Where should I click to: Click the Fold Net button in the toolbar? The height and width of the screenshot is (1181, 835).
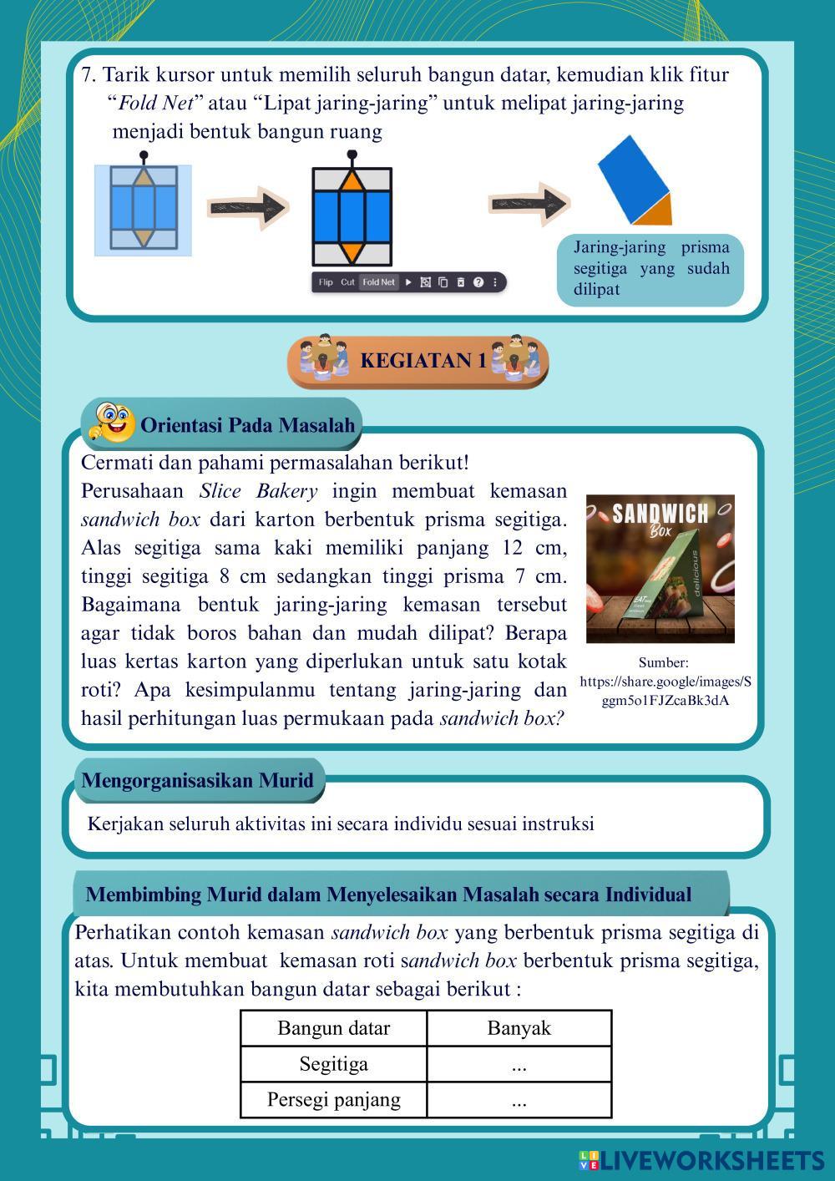click(378, 282)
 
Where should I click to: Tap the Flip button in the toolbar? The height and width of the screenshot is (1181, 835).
click(326, 282)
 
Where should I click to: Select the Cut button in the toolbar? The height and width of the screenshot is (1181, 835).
click(347, 282)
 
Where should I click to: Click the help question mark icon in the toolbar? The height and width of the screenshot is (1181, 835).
click(478, 282)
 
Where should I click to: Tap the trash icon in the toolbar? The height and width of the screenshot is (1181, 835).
click(460, 282)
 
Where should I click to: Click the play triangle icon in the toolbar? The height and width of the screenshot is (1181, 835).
click(408, 282)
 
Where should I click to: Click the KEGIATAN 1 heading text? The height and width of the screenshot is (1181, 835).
click(423, 361)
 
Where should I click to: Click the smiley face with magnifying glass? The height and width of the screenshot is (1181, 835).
click(113, 423)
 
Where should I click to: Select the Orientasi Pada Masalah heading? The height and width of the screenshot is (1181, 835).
click(247, 425)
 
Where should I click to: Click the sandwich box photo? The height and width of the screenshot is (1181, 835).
click(660, 569)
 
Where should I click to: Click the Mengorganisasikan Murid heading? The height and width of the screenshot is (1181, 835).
click(197, 781)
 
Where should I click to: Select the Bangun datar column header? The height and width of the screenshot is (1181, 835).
click(333, 1028)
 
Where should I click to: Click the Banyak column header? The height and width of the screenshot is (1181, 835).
click(519, 1028)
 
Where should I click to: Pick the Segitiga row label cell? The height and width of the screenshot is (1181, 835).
click(333, 1064)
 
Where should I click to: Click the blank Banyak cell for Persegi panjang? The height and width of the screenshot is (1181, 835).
click(519, 1100)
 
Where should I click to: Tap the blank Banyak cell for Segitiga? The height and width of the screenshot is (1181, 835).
click(519, 1065)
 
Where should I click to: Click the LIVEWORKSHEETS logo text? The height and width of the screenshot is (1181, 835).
click(712, 1160)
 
